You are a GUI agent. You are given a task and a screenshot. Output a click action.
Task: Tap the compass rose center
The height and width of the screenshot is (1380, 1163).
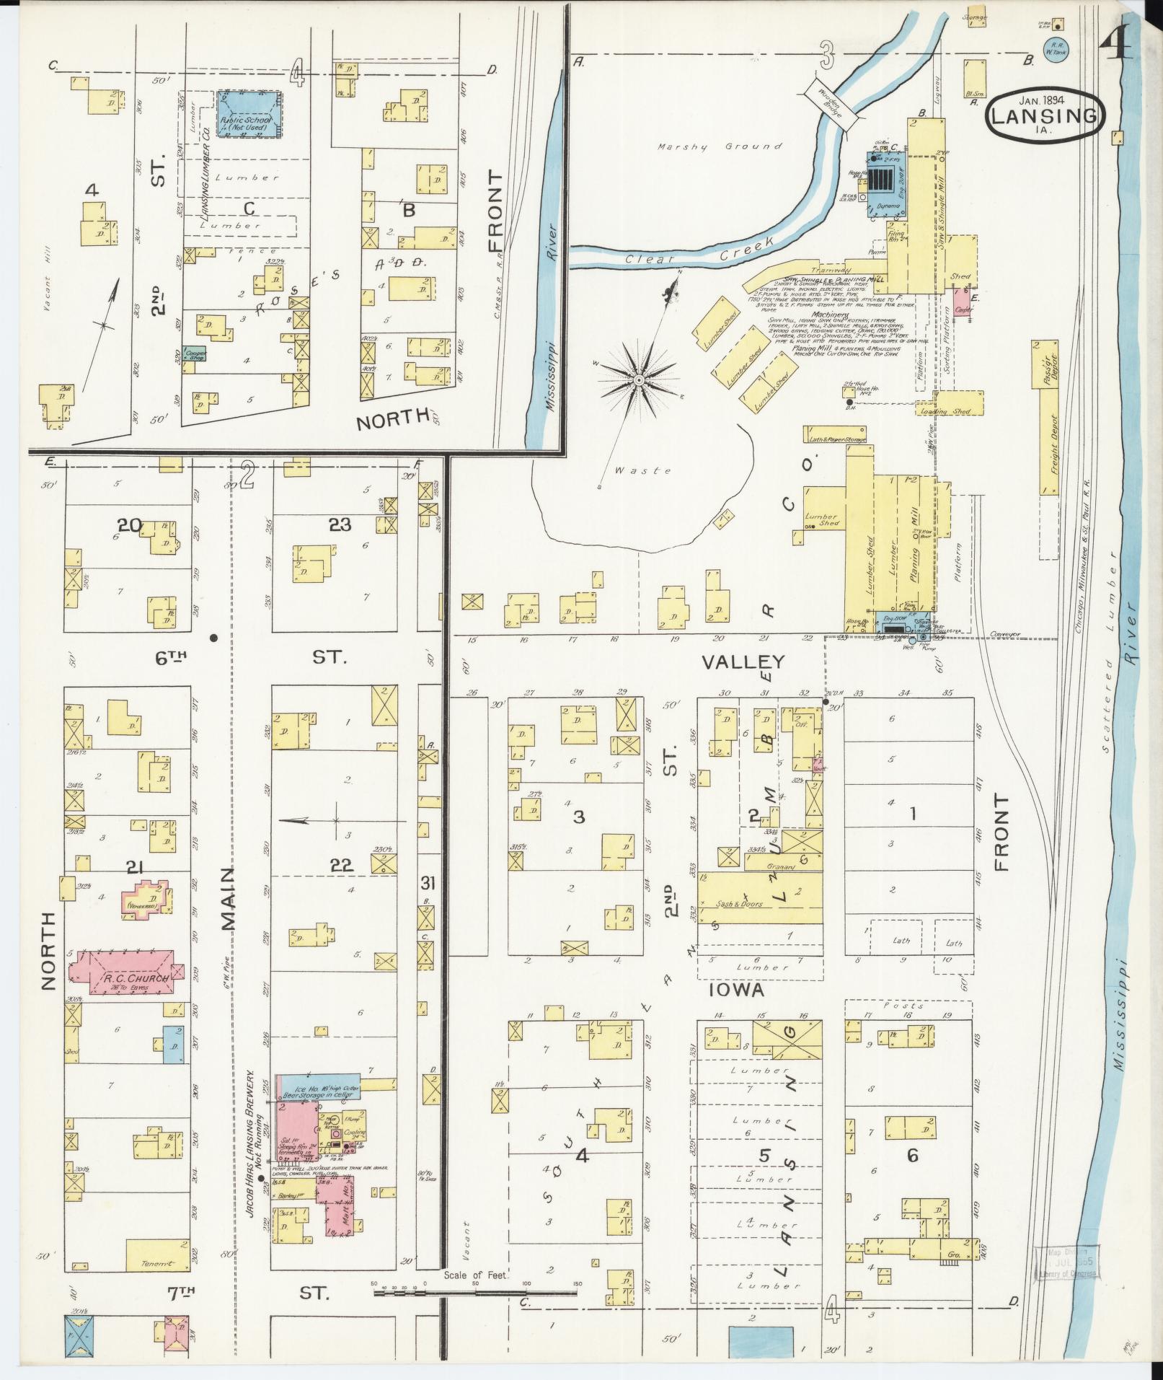[x=639, y=379]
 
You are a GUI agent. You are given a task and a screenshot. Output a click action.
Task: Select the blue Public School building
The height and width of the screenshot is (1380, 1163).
[x=249, y=114]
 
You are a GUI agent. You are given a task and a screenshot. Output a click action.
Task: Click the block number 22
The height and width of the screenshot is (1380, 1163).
[x=341, y=866]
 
